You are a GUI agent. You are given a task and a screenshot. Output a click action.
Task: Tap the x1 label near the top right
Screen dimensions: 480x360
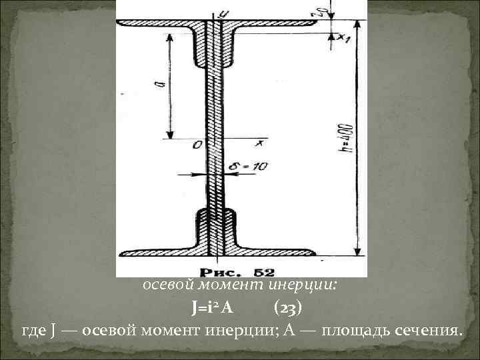click(x=344, y=38)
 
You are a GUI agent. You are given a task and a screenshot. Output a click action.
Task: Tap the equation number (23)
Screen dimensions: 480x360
click(x=290, y=307)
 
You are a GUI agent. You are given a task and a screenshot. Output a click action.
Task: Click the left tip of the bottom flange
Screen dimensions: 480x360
click(x=121, y=253)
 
